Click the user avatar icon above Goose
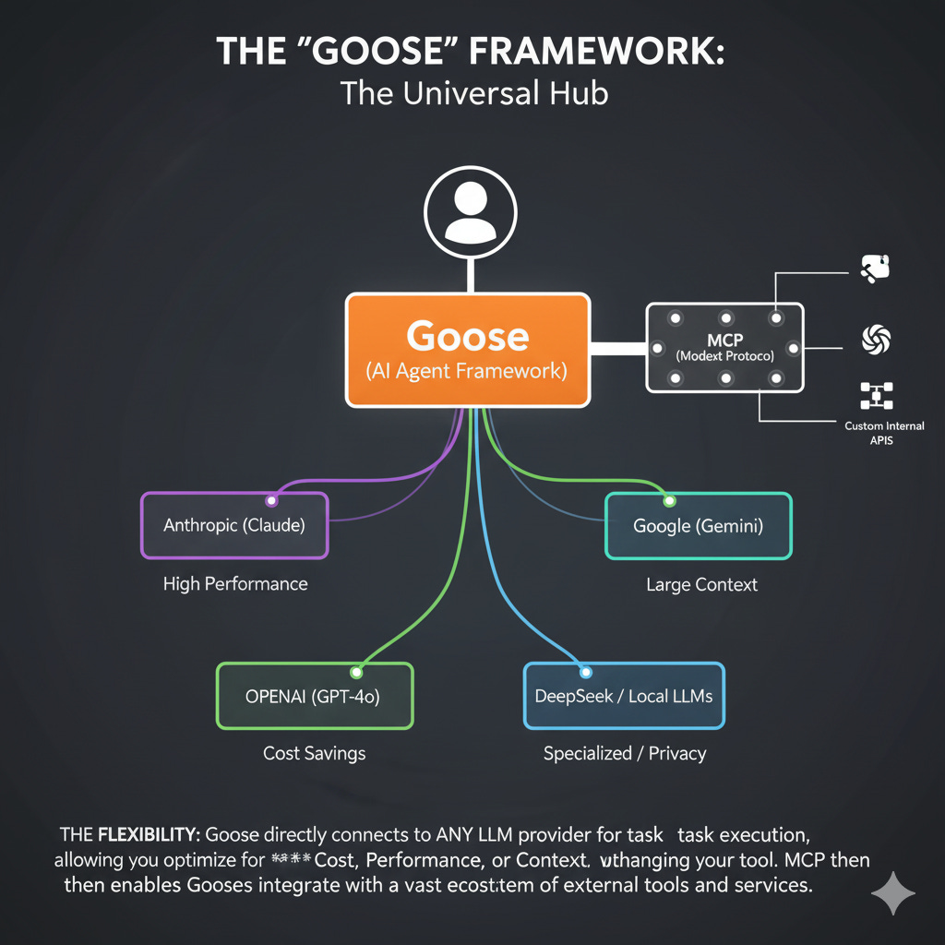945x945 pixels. click(470, 211)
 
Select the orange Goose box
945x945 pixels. click(468, 350)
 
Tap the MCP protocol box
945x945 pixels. click(724, 347)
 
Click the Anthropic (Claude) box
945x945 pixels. click(234, 525)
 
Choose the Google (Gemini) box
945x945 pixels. click(698, 526)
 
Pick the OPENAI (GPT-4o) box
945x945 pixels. click(314, 697)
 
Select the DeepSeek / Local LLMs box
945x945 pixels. click(624, 696)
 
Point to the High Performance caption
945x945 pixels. click(235, 584)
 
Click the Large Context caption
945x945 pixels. click(701, 585)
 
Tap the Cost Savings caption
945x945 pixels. click(314, 753)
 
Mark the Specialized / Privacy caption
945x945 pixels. click(624, 753)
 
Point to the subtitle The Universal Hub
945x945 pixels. click(472, 93)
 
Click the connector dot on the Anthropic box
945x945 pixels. click(271, 501)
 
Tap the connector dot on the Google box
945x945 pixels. click(669, 501)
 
